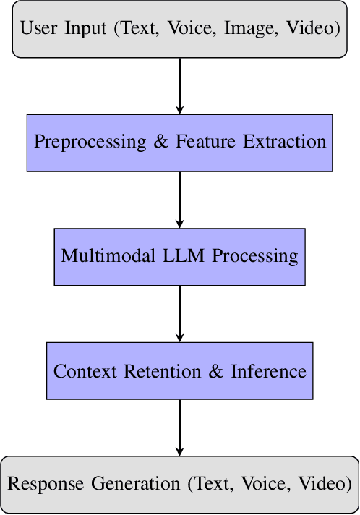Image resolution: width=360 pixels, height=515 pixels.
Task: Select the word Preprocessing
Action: [x=89, y=142]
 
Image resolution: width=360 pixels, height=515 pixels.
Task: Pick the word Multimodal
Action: [x=106, y=256]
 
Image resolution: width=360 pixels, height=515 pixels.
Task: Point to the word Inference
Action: [x=269, y=371]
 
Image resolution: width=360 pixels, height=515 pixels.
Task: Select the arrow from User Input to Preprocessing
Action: [x=180, y=85]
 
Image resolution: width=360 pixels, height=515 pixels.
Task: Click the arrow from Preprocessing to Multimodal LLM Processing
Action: [x=180, y=200]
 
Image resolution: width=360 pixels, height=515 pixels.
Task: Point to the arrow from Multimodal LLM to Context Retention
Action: [x=180, y=314]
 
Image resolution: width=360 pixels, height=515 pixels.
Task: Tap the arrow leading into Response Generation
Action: [x=180, y=427]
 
